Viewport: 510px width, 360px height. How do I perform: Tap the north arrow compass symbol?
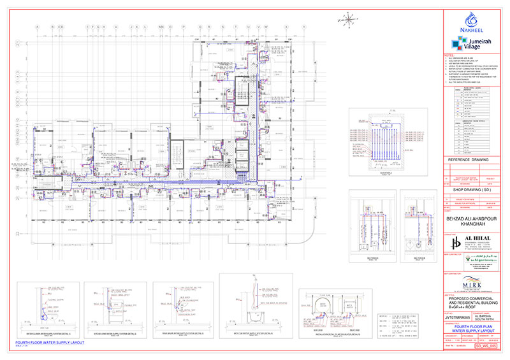click(349, 18)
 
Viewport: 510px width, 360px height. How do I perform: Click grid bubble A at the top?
click(38, 27)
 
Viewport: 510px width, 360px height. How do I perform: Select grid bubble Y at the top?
click(303, 27)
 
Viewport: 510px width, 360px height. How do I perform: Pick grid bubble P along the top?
click(184, 27)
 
